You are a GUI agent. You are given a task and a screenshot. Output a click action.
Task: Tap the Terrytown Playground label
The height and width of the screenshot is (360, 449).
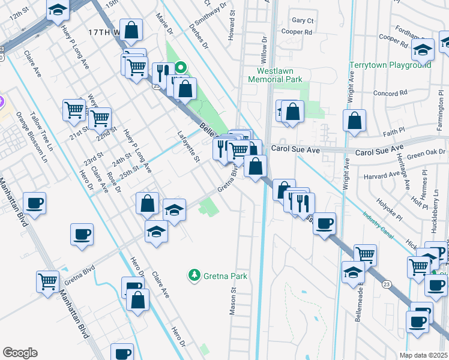point(391,65)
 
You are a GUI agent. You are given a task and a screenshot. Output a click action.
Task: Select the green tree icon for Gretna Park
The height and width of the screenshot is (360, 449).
point(194,275)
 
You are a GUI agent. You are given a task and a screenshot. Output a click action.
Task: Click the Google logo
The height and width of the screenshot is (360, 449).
point(20,353)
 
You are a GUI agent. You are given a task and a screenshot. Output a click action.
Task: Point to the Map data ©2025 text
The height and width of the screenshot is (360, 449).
point(423,355)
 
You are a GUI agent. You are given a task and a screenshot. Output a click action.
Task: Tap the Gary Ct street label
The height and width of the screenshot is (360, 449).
point(303,20)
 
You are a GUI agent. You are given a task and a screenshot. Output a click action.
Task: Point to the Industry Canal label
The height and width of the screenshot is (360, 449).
point(378,227)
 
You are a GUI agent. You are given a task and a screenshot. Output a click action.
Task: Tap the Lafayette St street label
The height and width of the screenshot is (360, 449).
point(188,147)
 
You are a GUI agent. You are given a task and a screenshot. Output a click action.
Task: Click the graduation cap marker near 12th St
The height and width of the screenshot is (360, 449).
point(58,10)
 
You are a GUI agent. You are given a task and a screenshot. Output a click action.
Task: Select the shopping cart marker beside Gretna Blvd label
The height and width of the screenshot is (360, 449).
point(47,280)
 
